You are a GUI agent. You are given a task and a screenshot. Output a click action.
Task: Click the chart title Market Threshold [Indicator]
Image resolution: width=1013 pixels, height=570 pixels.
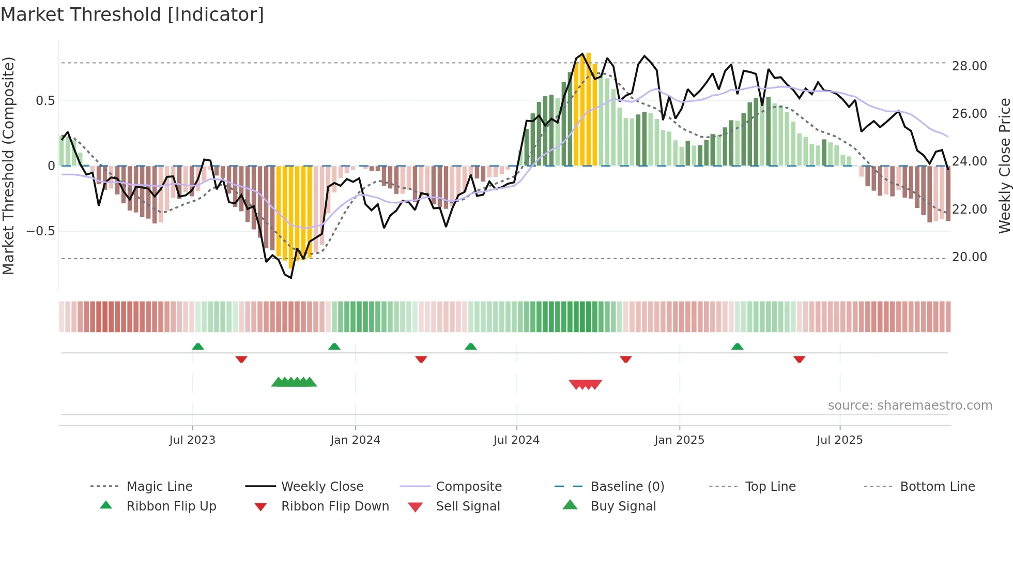(132, 14)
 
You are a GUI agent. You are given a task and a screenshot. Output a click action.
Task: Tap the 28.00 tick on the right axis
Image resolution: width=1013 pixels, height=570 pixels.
(969, 66)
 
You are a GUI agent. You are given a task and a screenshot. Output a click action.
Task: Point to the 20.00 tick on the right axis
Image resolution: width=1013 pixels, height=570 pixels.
(969, 257)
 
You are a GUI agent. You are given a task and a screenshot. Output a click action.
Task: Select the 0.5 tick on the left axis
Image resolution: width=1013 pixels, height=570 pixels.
(45, 101)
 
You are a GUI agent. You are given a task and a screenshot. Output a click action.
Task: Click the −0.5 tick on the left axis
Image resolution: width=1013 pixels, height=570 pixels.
(41, 231)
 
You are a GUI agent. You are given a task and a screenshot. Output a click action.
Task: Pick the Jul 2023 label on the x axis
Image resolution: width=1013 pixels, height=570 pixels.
(192, 440)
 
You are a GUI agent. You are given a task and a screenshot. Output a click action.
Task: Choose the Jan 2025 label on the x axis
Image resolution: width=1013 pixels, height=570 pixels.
(679, 440)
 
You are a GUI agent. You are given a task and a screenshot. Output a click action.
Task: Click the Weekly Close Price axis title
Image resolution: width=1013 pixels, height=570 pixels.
(1004, 166)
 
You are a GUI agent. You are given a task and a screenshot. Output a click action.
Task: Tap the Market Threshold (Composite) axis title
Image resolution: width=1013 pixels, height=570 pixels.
(8, 166)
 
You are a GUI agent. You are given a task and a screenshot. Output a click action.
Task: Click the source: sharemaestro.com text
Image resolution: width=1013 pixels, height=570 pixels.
(910, 406)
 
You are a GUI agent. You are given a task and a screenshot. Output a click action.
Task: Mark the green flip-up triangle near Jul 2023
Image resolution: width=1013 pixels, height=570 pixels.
(198, 347)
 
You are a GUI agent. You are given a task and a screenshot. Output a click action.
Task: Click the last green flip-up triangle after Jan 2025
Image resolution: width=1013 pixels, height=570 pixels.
(738, 347)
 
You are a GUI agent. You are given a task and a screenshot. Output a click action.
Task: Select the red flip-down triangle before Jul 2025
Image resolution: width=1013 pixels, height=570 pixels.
(800, 359)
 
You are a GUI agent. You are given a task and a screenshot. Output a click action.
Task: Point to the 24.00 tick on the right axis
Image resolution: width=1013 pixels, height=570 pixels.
(969, 161)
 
